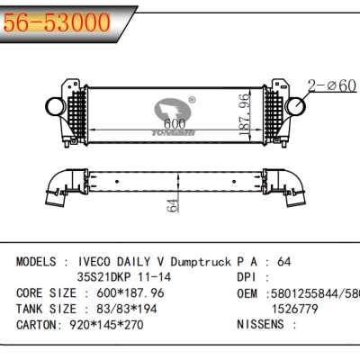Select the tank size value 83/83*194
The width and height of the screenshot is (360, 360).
[121, 310]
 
